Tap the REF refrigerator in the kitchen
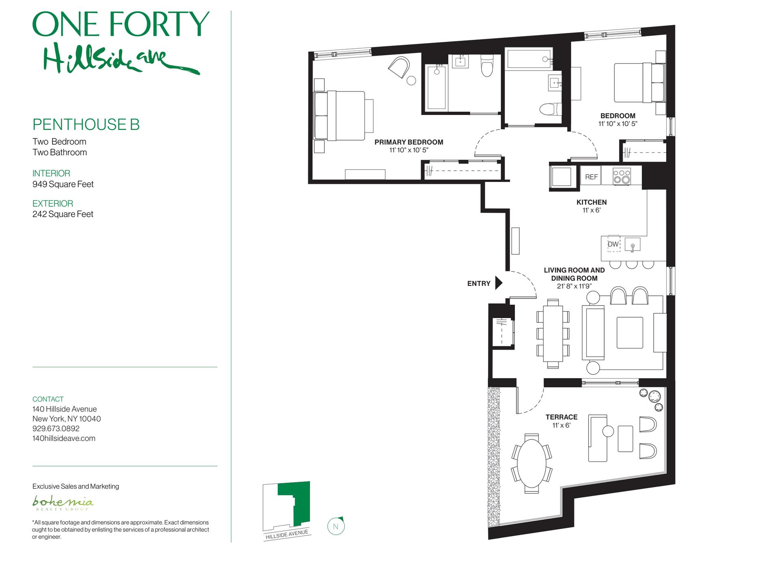tap(591, 177)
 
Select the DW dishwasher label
tap(613, 244)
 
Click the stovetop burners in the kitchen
tap(622, 177)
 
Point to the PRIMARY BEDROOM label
tap(409, 142)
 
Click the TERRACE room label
tap(561, 417)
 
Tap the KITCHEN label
tap(592, 202)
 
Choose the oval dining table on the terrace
tap(531, 463)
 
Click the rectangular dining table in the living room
tap(553, 333)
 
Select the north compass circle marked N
tap(336, 526)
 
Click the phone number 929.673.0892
tap(56, 429)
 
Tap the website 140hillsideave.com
tap(64, 438)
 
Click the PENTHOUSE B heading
tap(86, 125)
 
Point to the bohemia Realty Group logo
tap(63, 502)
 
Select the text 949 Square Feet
tap(63, 184)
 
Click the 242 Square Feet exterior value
tap(63, 214)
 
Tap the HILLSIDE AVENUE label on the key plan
tap(287, 535)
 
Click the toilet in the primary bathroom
tap(486, 65)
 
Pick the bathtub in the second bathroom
tap(529, 59)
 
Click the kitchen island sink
tap(633, 245)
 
